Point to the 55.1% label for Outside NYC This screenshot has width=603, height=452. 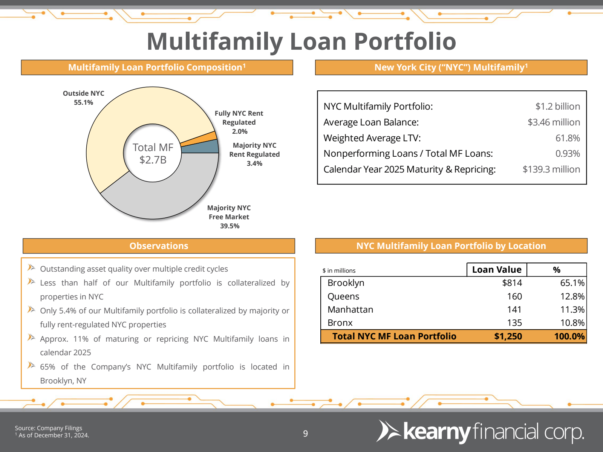pyautogui.click(x=84, y=102)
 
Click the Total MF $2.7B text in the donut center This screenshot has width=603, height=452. pyautogui.click(x=153, y=153)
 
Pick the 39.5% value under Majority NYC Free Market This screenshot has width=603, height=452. pyautogui.click(x=230, y=226)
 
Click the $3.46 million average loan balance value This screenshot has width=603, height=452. pyautogui.click(x=554, y=122)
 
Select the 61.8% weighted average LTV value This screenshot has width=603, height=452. pyautogui.click(x=568, y=138)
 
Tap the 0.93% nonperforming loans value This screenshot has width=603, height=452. pyautogui.click(x=568, y=153)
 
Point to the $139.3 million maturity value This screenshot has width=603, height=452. pyautogui.click(x=551, y=169)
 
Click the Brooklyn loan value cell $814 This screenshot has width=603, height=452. pyautogui.click(x=512, y=282)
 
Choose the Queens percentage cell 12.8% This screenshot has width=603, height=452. pyautogui.click(x=572, y=296)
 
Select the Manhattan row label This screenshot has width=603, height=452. pyautogui.click(x=350, y=310)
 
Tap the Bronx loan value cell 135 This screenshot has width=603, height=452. pyautogui.click(x=514, y=323)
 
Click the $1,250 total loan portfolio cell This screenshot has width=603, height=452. pyautogui.click(x=508, y=336)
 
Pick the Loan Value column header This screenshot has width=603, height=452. pyautogui.click(x=497, y=269)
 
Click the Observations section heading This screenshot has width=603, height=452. pyautogui.click(x=159, y=246)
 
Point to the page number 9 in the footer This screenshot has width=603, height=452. pyautogui.click(x=305, y=433)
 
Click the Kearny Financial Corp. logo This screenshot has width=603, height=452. pyautogui.click(x=480, y=432)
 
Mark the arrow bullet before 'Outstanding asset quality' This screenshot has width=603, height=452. pyautogui.click(x=31, y=267)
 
